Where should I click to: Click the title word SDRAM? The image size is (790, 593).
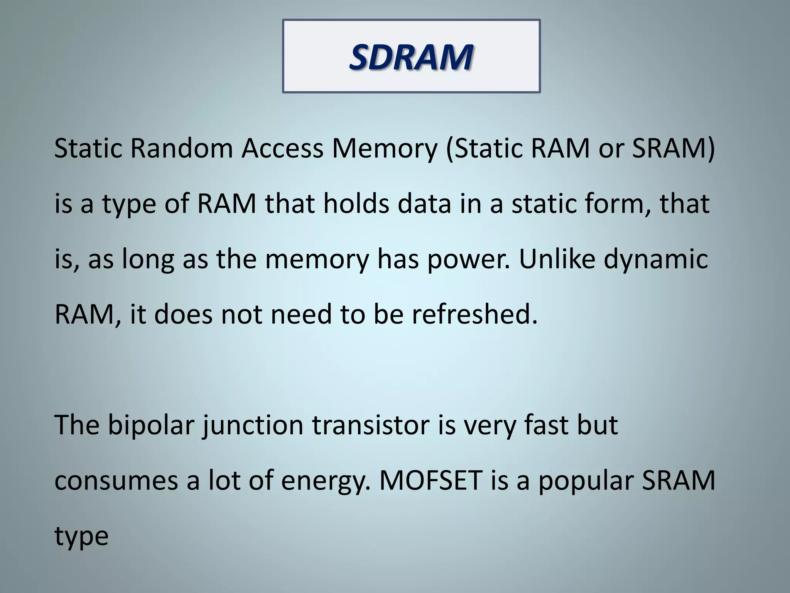[411, 57]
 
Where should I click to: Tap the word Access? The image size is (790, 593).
[282, 148]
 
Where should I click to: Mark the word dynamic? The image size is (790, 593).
[656, 259]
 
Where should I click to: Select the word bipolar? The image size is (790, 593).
[150, 425]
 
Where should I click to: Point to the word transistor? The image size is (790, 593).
[370, 424]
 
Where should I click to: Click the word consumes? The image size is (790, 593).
[116, 481]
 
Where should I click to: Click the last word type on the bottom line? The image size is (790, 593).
[81, 537]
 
